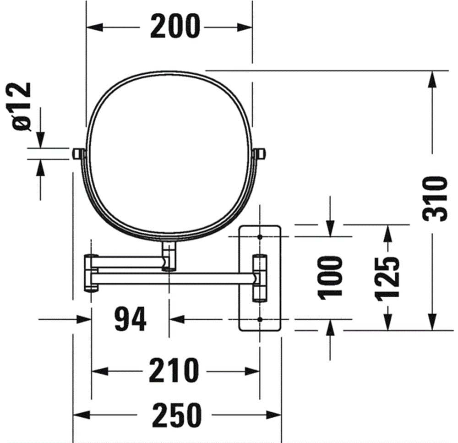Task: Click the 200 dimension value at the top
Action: click(175, 27)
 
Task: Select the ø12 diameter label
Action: click(22, 107)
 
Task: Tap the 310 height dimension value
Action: click(434, 199)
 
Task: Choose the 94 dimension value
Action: click(130, 319)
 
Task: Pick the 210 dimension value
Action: click(174, 371)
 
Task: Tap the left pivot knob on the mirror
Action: click(77, 153)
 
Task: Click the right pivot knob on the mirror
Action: click(261, 153)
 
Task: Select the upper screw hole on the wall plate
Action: click(260, 237)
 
